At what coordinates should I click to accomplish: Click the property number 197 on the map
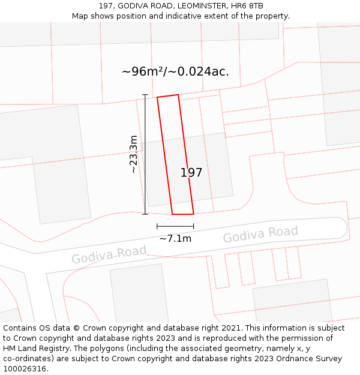[x=191, y=173]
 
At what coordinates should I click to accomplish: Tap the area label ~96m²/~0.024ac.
[x=175, y=71]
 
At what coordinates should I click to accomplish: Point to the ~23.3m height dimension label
[x=133, y=154]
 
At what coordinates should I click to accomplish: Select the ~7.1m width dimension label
[x=175, y=238]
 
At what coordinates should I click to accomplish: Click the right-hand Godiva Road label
[x=260, y=235]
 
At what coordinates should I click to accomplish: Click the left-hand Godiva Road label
[x=109, y=254]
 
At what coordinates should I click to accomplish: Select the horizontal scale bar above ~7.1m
[x=175, y=226]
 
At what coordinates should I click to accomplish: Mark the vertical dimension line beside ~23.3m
[x=145, y=154]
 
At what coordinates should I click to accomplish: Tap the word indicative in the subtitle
[x=183, y=16]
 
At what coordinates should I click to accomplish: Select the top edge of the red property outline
[x=167, y=96]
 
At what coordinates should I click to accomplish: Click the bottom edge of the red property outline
[x=183, y=214]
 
